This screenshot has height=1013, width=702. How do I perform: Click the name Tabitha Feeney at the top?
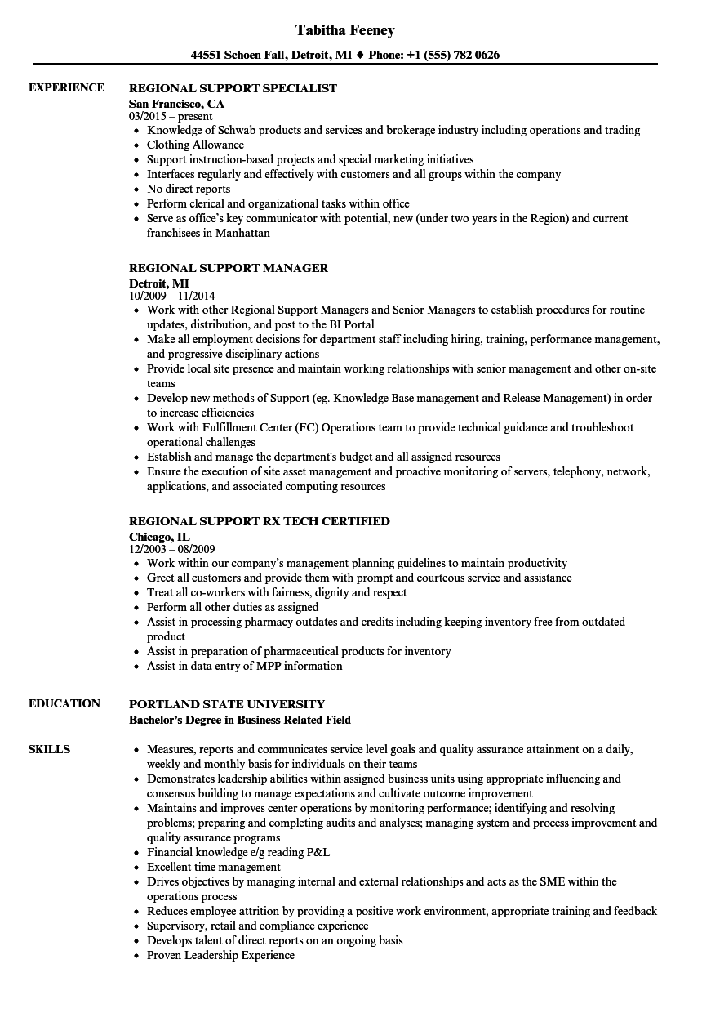click(x=344, y=30)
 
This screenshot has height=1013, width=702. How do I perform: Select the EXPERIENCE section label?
click(x=66, y=88)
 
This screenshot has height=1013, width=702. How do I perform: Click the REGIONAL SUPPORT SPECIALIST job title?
click(x=233, y=88)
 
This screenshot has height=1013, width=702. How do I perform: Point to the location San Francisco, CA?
click(x=176, y=104)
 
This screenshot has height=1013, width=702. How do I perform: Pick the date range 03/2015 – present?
click(x=171, y=117)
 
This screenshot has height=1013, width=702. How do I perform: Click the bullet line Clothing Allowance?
click(x=195, y=145)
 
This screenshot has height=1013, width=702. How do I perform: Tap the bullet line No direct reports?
click(x=189, y=190)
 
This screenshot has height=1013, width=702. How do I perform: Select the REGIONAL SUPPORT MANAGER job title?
click(x=229, y=268)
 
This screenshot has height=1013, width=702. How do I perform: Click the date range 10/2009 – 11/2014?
click(x=172, y=297)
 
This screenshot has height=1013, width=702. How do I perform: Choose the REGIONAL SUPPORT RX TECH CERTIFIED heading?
click(x=260, y=521)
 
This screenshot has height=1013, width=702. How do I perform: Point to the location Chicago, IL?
click(x=159, y=537)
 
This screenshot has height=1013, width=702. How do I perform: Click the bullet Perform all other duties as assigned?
click(x=233, y=608)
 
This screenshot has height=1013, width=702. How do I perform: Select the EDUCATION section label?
click(x=64, y=703)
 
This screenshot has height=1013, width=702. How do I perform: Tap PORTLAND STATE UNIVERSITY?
click(x=227, y=704)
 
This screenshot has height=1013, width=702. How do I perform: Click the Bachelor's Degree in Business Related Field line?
click(x=240, y=720)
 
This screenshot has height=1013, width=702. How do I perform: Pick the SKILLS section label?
click(x=49, y=749)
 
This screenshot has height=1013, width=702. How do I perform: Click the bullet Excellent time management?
click(x=213, y=868)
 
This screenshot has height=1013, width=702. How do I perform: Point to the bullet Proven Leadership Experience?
click(x=220, y=956)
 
